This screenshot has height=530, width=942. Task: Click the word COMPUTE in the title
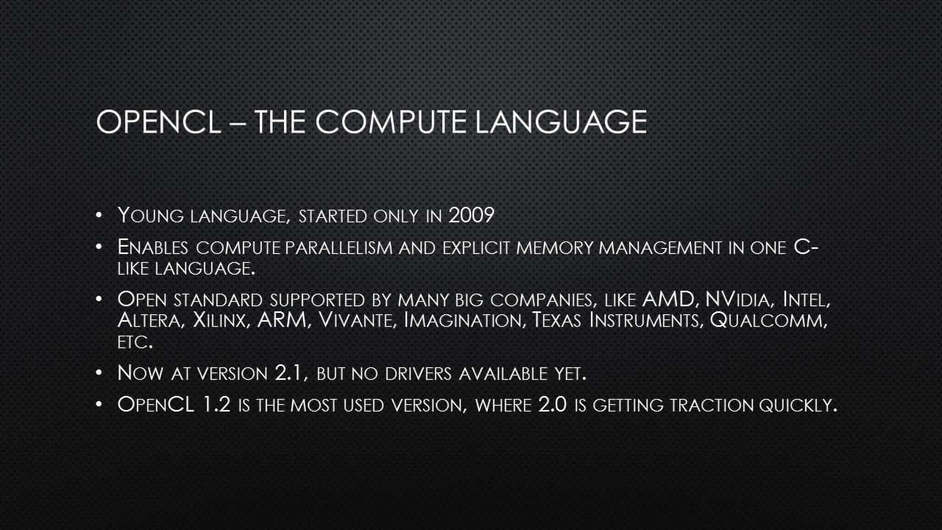(x=391, y=122)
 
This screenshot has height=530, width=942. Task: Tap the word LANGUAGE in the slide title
(x=561, y=122)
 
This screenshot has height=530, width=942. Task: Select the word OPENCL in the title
(x=158, y=122)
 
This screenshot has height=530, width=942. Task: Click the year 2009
(x=471, y=216)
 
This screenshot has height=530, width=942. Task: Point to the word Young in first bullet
(x=151, y=216)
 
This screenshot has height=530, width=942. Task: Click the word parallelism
(x=339, y=247)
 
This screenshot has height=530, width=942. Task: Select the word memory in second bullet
(x=555, y=248)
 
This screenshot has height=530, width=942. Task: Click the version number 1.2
(x=216, y=405)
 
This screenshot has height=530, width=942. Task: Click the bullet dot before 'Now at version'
(x=99, y=372)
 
